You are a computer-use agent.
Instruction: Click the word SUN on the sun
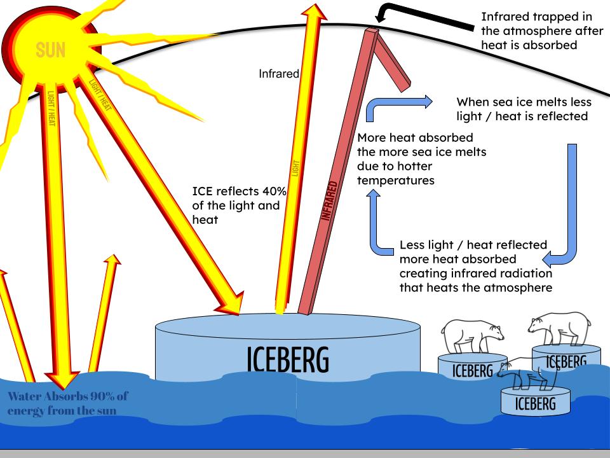(x=51, y=50)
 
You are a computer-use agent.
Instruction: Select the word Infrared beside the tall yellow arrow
(x=279, y=74)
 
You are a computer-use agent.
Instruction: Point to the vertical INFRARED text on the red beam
(x=327, y=200)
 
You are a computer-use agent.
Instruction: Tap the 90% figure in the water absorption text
(x=95, y=397)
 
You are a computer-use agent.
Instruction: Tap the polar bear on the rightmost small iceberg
(x=559, y=328)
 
